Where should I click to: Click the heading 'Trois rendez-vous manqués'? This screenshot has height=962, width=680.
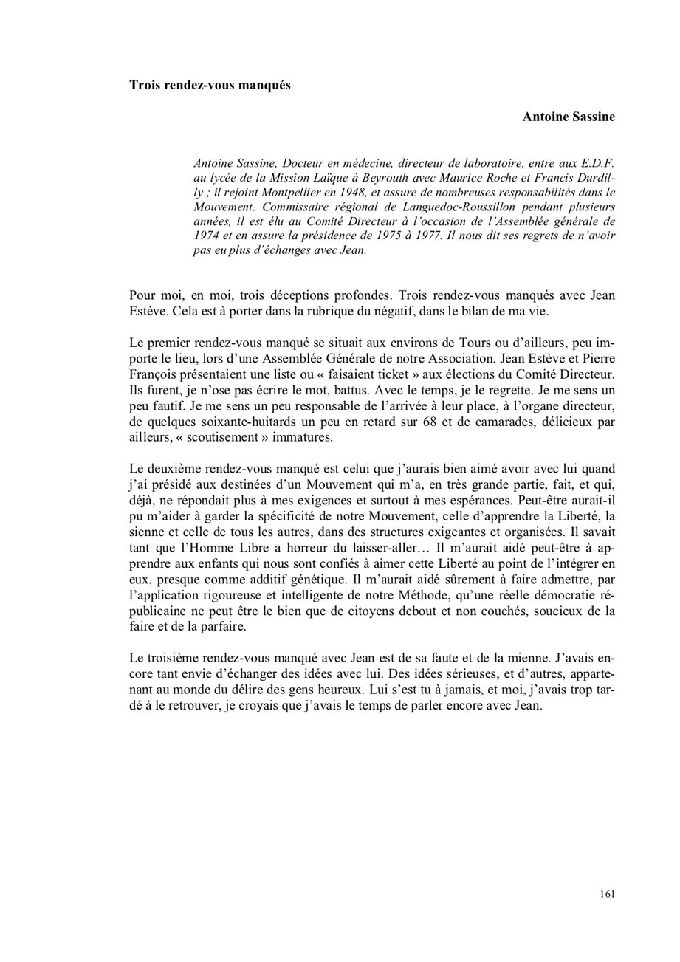(210, 85)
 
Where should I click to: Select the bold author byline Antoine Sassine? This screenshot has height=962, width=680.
(569, 117)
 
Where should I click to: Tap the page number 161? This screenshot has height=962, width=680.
(607, 894)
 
